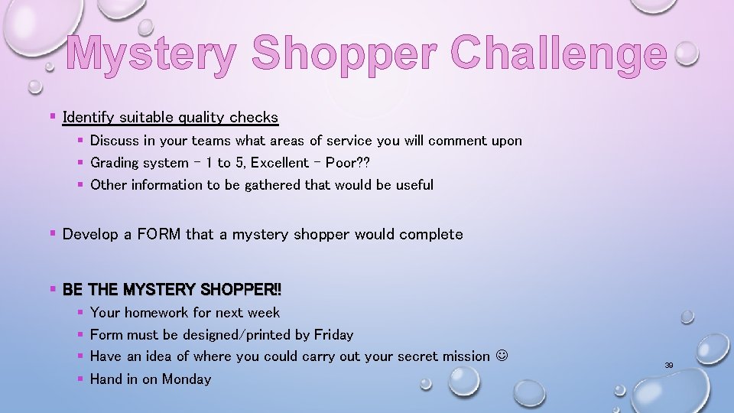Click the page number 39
[x=669, y=366]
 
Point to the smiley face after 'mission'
[x=502, y=356]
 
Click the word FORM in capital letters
[x=157, y=234]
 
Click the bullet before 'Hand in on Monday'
[x=80, y=379]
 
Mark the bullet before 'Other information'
[x=80, y=184]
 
